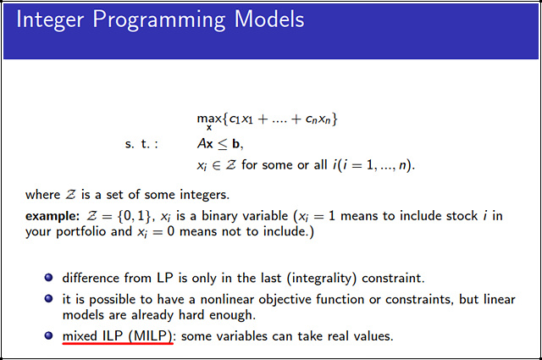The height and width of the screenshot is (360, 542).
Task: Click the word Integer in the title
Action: tap(52, 19)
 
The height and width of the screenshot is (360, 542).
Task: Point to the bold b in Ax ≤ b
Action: tap(240, 143)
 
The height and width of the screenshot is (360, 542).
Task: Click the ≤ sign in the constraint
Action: tap(223, 144)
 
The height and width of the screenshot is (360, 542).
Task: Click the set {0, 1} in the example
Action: tap(127, 216)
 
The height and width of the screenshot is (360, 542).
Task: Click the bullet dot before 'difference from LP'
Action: tap(47, 277)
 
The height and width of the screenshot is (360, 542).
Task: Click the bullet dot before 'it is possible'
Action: tap(47, 299)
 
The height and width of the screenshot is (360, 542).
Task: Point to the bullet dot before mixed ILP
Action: tap(47, 336)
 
